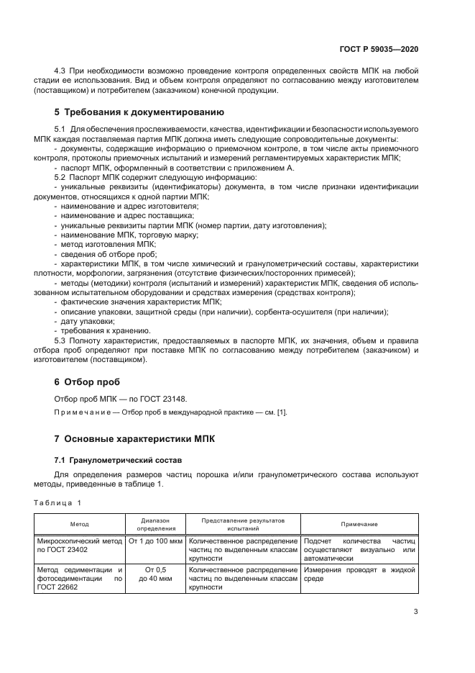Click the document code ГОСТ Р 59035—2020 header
[379, 48]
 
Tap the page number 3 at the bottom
[415, 612]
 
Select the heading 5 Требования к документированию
[139, 112]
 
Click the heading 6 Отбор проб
[88, 381]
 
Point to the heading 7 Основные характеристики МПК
[134, 438]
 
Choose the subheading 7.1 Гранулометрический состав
[109, 459]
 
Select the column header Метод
[79, 524]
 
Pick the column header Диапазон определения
[155, 524]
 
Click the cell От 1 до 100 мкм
[155, 541]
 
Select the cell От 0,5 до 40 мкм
[155, 574]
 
